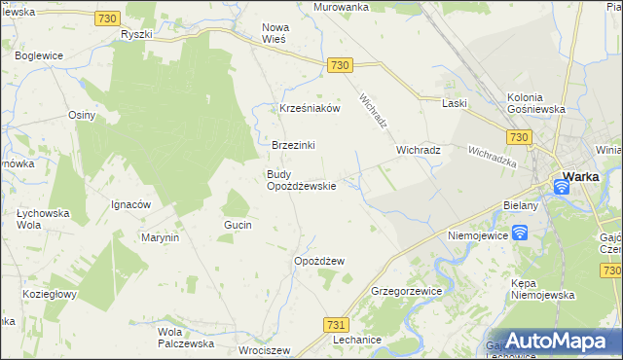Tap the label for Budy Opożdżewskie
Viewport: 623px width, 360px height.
[x=302, y=180]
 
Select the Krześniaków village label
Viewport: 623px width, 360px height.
[x=310, y=109]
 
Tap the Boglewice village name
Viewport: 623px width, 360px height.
[x=39, y=56]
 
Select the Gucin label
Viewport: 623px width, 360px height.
[x=238, y=225]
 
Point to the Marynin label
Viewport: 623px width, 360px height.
[x=160, y=237]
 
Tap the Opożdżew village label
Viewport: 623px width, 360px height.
[x=319, y=261]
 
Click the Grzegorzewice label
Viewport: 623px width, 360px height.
[x=407, y=291]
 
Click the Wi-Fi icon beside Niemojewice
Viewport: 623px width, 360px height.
[x=520, y=232]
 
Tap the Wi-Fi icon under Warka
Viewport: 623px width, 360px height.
[x=562, y=185]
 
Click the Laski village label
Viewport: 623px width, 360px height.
[x=455, y=103]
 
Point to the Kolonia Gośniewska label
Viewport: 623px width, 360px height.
[x=536, y=103]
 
